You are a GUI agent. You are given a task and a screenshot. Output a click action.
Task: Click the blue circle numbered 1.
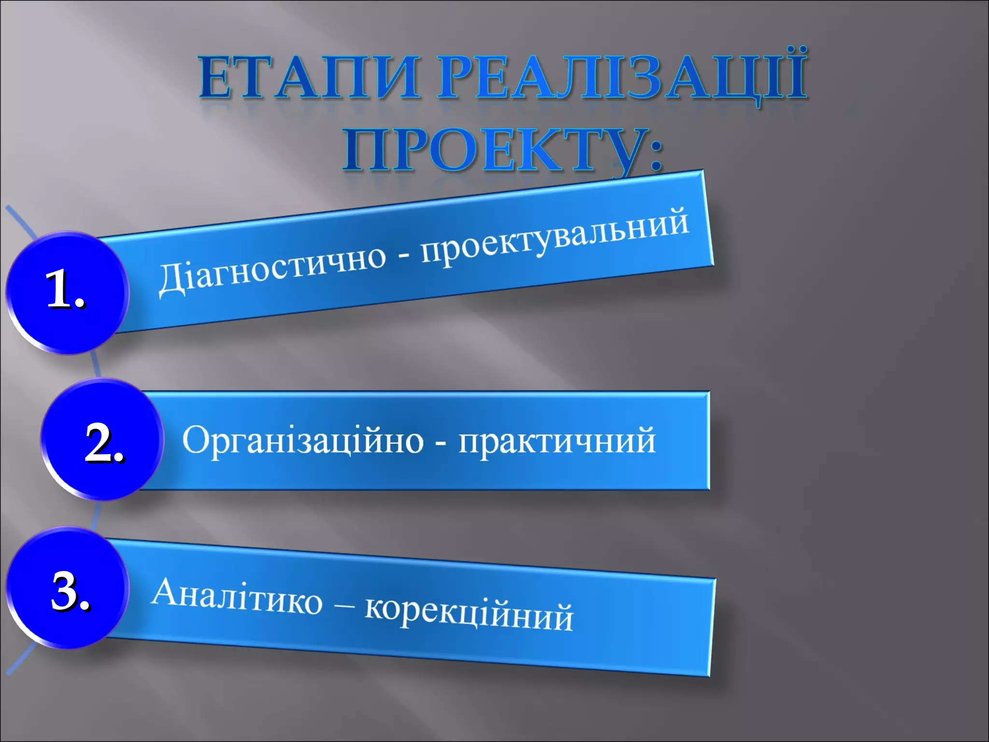(68, 292)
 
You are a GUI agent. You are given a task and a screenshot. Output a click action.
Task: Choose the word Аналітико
(237, 597)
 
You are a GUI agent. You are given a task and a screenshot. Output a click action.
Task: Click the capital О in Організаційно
(195, 439)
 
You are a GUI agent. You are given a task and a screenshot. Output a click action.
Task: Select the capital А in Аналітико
(166, 591)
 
